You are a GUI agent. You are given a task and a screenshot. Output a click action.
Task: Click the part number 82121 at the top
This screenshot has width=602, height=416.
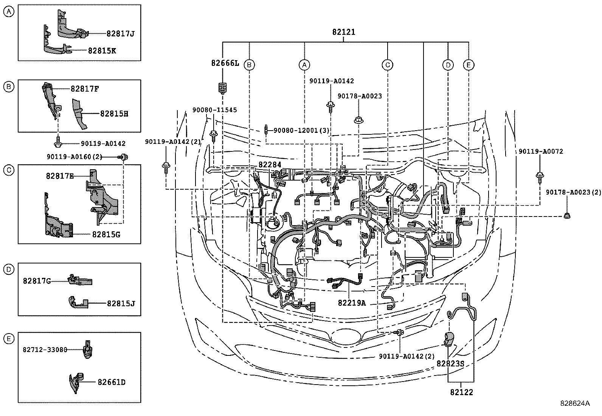pos(343,32)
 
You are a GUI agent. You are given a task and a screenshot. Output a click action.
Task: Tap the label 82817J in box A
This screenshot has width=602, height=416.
pos(120,34)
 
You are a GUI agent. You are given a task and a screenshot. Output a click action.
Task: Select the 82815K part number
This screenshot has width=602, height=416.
pos(102,51)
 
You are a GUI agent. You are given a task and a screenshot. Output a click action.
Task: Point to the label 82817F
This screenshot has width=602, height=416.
pos(85,89)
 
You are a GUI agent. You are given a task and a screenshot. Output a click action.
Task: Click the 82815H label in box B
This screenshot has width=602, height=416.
pos(114,114)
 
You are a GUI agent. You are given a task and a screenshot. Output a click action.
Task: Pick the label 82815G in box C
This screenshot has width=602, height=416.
pos(106,234)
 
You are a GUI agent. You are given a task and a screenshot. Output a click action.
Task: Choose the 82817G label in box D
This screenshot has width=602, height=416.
pos(37,281)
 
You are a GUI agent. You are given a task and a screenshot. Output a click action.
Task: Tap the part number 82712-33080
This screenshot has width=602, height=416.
pos(45,349)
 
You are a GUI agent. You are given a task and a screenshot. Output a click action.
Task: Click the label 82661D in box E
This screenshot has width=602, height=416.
pos(112,382)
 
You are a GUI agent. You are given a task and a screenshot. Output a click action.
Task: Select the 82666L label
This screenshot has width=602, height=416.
pos(225,63)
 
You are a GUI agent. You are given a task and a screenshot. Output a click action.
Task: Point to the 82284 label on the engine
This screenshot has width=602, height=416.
pos(270,164)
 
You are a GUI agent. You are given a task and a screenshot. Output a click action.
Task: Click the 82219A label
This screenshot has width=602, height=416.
pos(352,303)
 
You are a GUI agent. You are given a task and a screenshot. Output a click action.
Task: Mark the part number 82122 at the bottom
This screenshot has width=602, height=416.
pos(461,392)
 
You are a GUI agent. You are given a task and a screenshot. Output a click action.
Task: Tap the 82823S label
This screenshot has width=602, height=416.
pos(450,363)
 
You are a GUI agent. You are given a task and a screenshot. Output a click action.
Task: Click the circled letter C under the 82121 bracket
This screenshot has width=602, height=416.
pos(387,65)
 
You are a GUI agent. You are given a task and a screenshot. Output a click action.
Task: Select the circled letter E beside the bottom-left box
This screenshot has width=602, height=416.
pos(9,338)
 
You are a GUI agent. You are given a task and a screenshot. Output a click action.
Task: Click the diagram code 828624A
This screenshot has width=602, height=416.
pos(575,404)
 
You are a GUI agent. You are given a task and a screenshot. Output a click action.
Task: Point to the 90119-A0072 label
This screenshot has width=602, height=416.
pos(541,151)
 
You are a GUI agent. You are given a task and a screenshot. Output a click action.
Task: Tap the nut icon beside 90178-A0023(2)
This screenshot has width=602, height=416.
pos(567,215)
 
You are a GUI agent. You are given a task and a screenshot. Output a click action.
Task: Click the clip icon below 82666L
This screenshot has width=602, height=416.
pos(222,88)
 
